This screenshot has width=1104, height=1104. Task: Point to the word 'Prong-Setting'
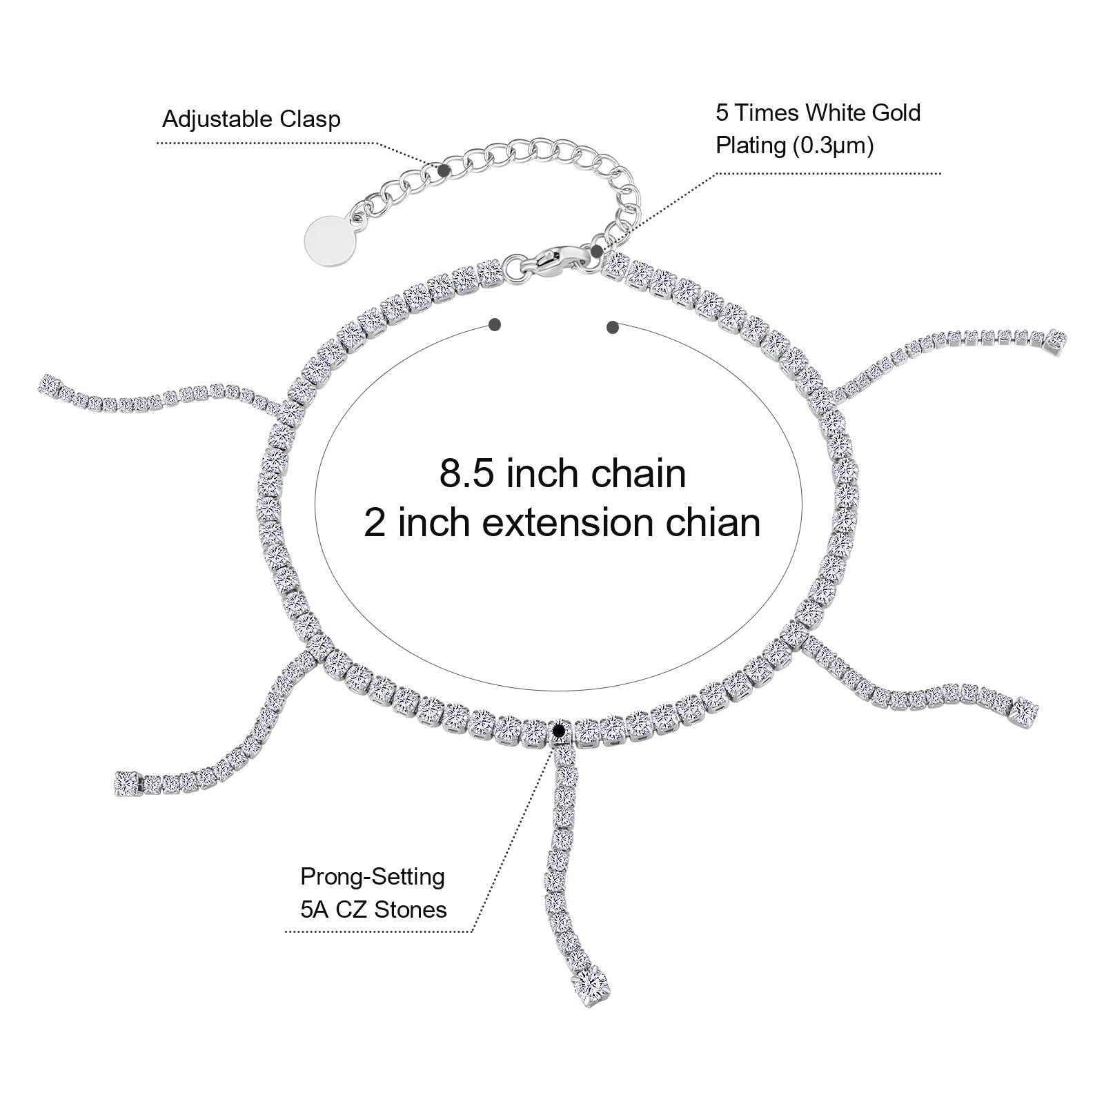(373, 877)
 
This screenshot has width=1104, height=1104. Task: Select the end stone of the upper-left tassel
(49, 383)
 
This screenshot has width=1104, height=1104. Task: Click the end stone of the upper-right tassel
(1056, 339)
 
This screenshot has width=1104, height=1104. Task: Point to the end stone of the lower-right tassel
(1024, 711)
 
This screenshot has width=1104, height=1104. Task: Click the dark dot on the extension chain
(444, 169)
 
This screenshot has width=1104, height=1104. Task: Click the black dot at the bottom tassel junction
(560, 729)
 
